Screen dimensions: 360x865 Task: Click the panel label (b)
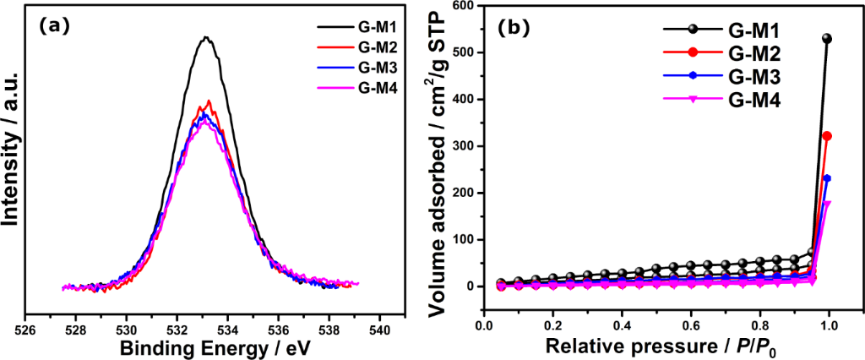tap(515, 25)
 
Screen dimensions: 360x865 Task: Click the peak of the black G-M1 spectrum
tap(205, 37)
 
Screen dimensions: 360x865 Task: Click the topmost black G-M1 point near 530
tap(827, 39)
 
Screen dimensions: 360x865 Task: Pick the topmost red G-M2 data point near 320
tap(827, 136)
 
